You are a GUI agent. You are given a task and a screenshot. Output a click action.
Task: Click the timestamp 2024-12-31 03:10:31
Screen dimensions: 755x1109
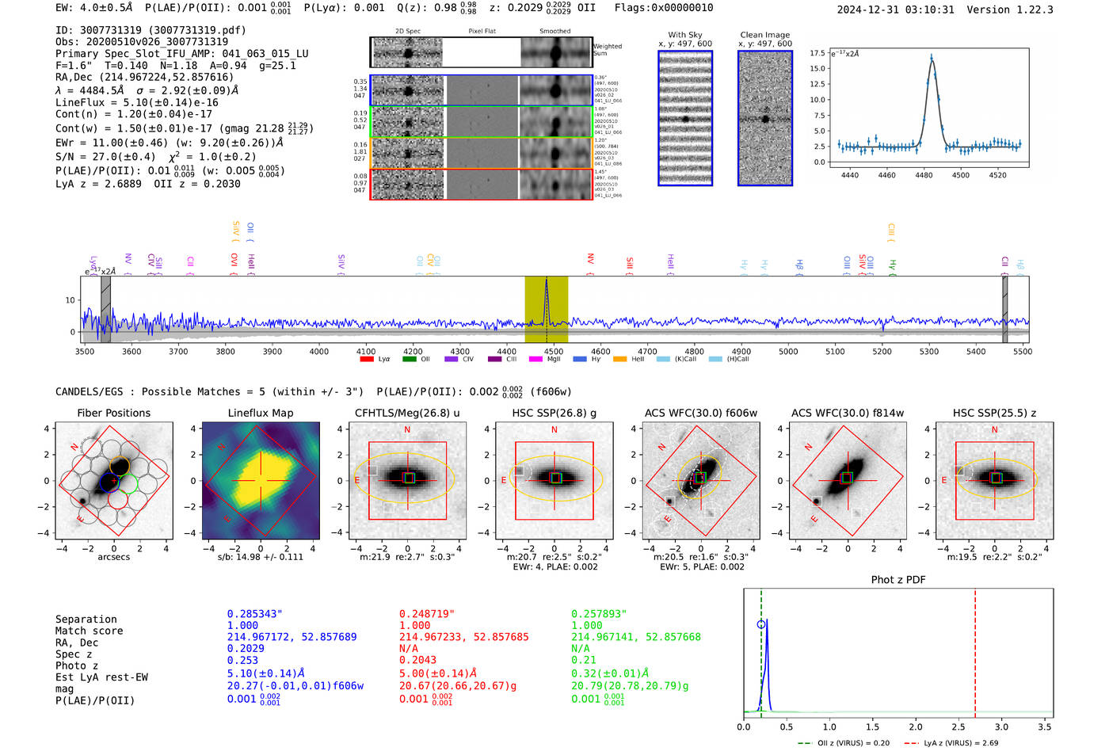(895, 10)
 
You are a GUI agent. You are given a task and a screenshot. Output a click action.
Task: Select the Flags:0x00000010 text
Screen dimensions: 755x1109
(664, 8)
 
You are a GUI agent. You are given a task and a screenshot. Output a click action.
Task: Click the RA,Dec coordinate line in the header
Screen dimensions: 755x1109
(144, 78)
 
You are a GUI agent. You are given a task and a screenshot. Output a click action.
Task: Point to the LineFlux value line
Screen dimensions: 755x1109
(136, 102)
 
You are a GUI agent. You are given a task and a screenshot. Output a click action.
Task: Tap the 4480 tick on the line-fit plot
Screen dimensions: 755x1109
(924, 175)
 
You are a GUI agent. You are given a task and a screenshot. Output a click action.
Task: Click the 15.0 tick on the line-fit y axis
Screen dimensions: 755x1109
(817, 69)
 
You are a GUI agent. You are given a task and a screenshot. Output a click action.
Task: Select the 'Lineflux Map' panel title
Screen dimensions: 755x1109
(260, 413)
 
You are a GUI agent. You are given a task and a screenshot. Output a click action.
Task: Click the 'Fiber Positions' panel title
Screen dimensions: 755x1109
(113, 413)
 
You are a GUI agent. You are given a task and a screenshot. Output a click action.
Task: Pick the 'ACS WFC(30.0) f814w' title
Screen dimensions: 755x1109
(847, 413)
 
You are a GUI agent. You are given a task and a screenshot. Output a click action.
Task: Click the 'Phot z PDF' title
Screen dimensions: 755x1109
(897, 580)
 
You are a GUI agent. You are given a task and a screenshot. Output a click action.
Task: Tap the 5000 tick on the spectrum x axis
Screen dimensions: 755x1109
(787, 352)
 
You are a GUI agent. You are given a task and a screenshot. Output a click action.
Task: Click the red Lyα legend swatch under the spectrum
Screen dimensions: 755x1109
(367, 360)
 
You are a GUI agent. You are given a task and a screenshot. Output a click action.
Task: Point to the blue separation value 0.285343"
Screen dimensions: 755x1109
(254, 614)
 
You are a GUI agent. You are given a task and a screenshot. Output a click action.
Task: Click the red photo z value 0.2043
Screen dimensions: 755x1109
(417, 660)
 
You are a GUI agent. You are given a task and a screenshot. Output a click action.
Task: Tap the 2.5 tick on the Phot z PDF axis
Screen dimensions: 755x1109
(958, 726)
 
